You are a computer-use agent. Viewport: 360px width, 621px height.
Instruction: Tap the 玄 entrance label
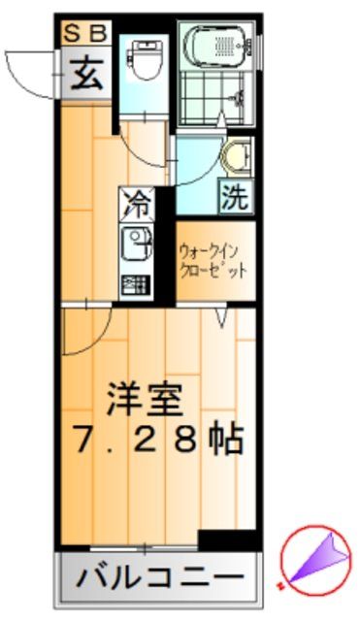click(x=84, y=75)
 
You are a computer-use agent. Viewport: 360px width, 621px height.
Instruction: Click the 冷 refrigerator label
click(x=137, y=204)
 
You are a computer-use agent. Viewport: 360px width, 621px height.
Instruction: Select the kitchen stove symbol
click(x=136, y=285)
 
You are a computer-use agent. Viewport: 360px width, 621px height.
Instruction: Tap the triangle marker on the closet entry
click(x=222, y=317)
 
